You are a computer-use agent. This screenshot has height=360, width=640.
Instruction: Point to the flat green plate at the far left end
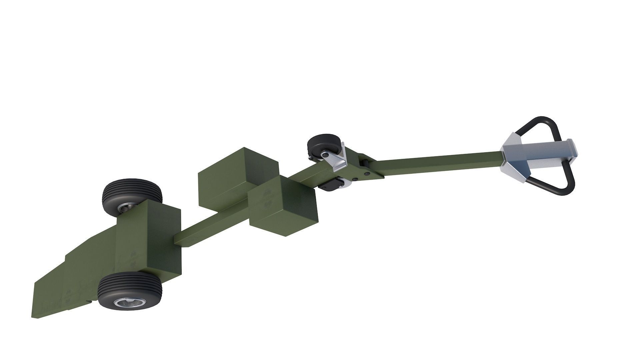pyautogui.click(x=50, y=293)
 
